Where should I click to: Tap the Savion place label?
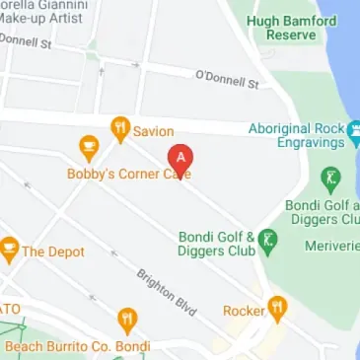click(154, 131)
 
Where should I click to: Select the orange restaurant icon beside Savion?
click(120, 128)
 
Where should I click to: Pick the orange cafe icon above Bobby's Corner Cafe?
click(89, 149)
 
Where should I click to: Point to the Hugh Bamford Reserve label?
click(305, 27)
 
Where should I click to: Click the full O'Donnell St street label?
click(226, 79)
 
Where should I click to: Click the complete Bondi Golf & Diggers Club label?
click(217, 244)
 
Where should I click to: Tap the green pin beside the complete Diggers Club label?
click(267, 239)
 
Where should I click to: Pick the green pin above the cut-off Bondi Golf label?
click(330, 180)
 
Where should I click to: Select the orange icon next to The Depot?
click(10, 250)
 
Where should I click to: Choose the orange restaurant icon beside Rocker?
click(278, 310)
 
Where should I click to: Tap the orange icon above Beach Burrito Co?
click(127, 321)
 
